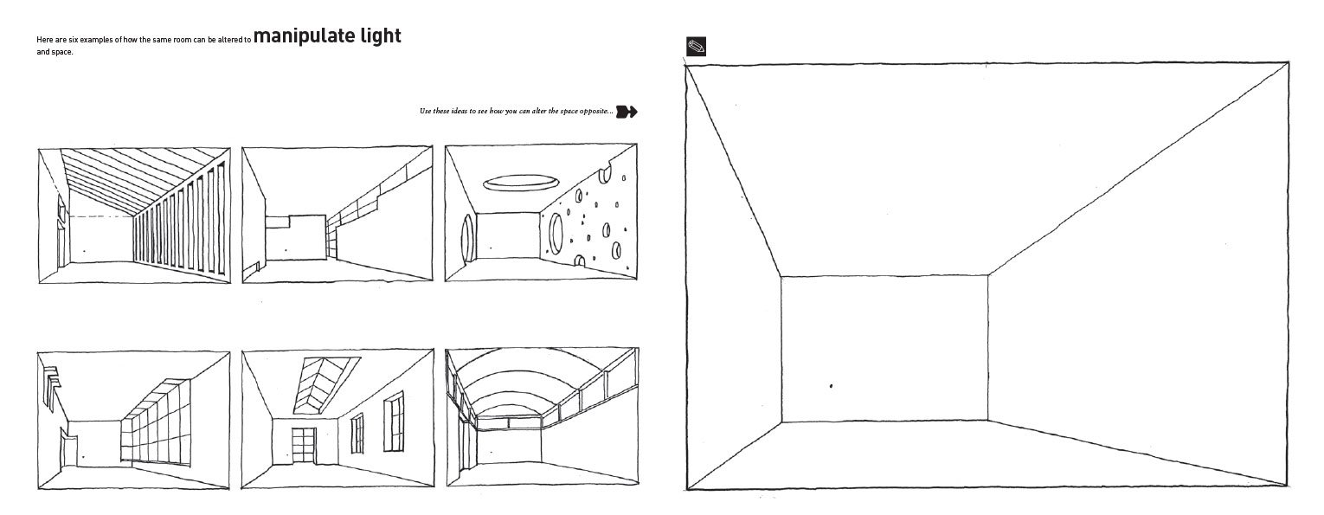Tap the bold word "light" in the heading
[379, 37]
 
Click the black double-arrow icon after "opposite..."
[627, 111]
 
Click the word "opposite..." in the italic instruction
[591, 112]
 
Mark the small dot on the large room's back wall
[831, 386]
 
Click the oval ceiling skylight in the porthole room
[520, 183]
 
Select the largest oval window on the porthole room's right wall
[556, 230]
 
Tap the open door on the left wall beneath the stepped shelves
[63, 449]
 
